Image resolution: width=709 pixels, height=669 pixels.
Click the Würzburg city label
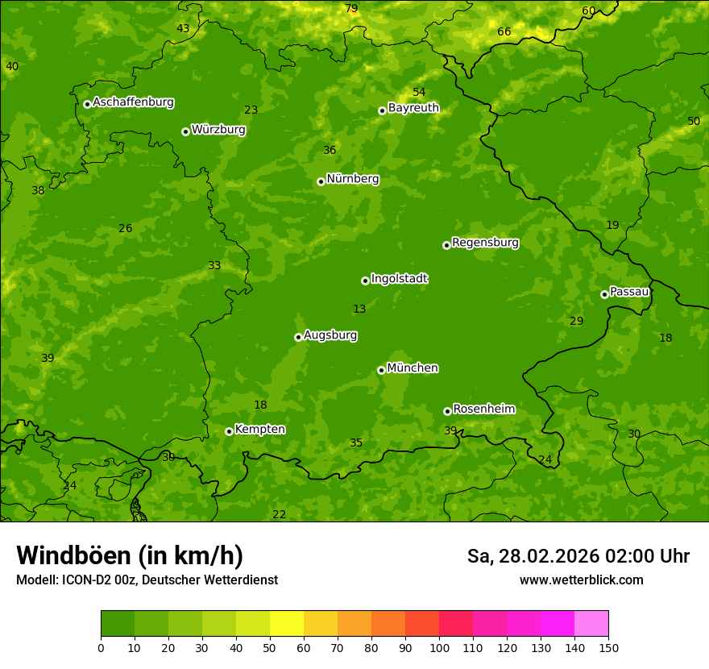[218, 130]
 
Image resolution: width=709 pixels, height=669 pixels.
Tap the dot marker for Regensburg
[446, 245]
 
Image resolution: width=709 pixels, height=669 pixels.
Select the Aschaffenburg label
[133, 102]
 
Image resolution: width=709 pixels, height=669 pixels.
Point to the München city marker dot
[381, 370]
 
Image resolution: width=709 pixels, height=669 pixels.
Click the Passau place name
[629, 292]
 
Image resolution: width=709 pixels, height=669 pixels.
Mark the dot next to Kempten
[229, 431]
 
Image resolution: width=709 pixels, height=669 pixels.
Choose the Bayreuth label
[413, 108]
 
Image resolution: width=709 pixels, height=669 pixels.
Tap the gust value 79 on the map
[351, 9]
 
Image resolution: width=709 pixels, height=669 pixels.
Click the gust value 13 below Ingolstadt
[359, 310]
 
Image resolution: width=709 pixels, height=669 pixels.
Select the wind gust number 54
[419, 93]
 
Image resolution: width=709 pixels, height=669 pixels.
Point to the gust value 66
[504, 32]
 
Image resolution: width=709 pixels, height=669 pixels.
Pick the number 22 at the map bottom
[280, 515]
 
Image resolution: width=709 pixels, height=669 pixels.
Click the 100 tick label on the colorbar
[439, 647]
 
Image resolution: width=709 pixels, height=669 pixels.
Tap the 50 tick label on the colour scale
[270, 647]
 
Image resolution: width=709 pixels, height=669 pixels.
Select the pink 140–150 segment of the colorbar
[591, 624]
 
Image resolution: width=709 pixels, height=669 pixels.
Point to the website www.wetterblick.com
[581, 580]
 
